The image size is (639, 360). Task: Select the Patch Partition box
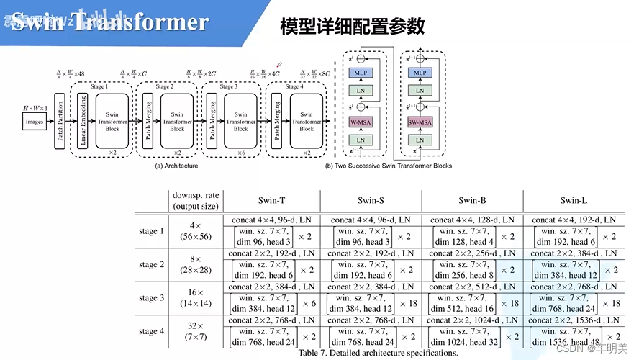pos(60,122)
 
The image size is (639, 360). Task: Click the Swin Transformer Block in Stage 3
pos(240,122)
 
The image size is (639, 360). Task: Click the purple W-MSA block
pos(360,122)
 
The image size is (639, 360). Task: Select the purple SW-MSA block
pos(420,122)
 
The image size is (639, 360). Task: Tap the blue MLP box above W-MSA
pos(360,73)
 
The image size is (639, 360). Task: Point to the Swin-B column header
pos(472,200)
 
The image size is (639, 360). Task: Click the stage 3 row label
pos(152,297)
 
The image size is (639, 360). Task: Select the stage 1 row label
pos(152,231)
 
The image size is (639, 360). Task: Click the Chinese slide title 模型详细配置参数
pos(352,27)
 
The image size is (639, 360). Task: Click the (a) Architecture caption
pos(176,166)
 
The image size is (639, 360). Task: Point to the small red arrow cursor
pos(279,64)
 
